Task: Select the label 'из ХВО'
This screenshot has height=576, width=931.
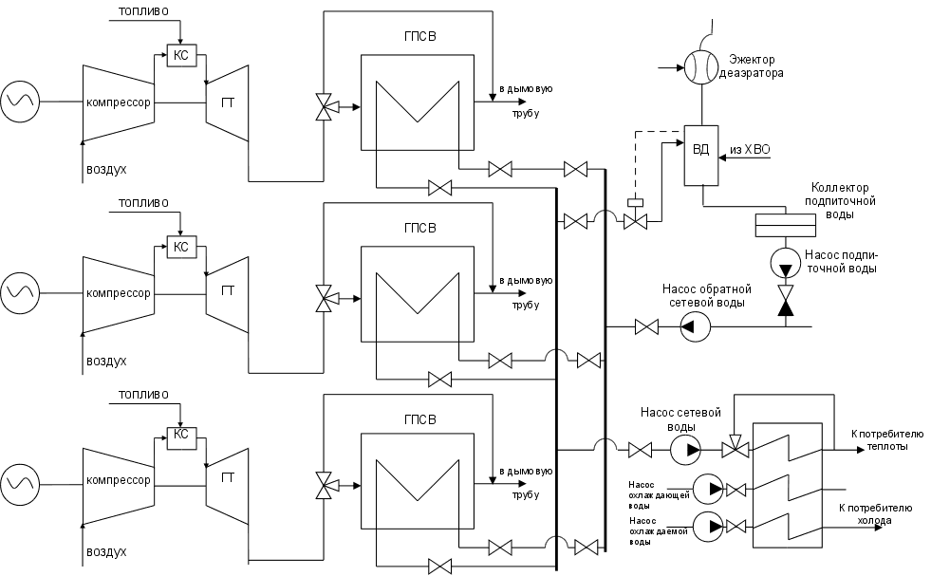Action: [751, 150]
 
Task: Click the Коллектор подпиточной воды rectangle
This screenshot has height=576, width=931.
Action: [785, 225]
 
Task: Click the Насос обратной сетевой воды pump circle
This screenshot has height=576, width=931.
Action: [695, 327]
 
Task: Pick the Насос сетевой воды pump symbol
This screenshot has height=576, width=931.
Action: [684, 449]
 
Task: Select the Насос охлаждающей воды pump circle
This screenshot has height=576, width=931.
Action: [707, 490]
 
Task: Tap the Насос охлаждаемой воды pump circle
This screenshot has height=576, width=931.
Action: [707, 524]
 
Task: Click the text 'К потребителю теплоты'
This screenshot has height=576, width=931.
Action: [881, 439]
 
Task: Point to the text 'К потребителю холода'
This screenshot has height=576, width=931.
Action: [875, 513]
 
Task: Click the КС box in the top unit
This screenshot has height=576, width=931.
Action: [180, 56]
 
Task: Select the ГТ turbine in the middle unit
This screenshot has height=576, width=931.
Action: [228, 290]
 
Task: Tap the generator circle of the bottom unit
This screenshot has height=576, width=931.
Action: [20, 482]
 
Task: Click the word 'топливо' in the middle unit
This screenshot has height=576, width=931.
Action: [143, 203]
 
